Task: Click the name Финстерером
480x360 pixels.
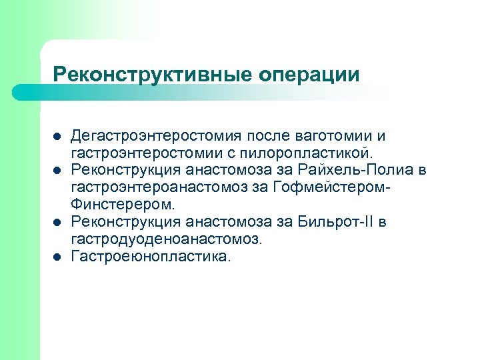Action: [123, 203]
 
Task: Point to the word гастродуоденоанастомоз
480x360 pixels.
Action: [167, 237]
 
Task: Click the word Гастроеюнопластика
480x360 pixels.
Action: [150, 255]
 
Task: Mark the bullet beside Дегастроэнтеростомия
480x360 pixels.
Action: [57, 137]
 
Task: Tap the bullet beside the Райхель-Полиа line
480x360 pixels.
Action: [57, 171]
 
